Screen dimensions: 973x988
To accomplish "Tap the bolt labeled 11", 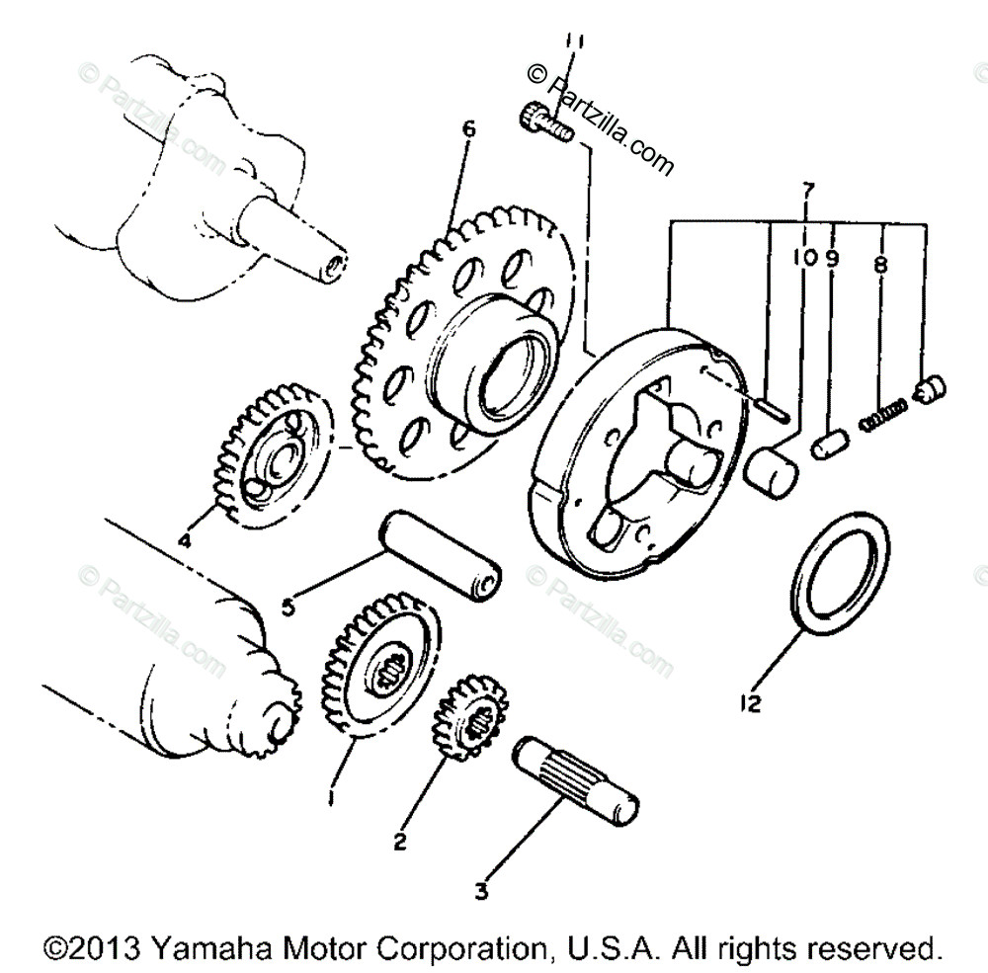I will point(540,122).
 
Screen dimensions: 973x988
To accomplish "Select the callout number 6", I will point(468,130).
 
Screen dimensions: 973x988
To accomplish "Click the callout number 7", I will point(807,188).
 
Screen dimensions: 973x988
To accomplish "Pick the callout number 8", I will point(880,265).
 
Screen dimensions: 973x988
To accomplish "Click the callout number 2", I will point(399,842).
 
